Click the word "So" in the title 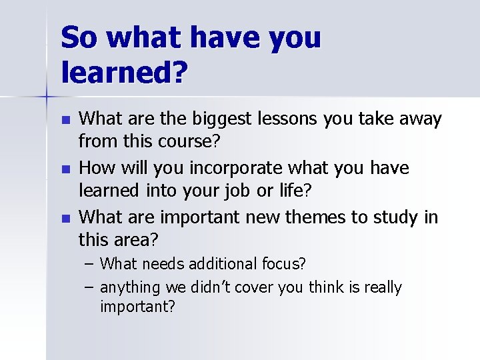pos(81,39)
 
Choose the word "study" pos(397,217)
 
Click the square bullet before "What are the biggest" pos(64,121)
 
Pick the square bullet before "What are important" pos(64,218)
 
